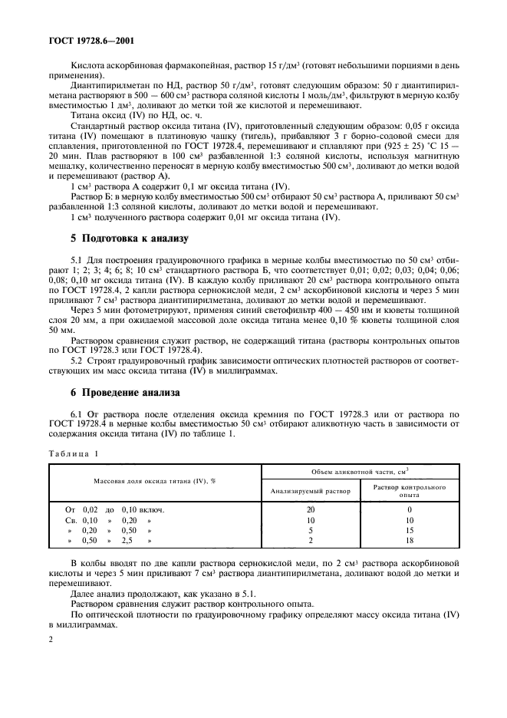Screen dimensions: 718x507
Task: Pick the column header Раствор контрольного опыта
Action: [410, 491]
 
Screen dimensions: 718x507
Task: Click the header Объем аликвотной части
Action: [360, 471]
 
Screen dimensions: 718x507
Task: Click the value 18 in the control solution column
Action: [410, 541]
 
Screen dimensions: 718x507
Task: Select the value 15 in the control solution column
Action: [410, 530]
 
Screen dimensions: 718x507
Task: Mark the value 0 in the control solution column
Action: [410, 509]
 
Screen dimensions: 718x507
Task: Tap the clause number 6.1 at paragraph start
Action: [77, 415]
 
